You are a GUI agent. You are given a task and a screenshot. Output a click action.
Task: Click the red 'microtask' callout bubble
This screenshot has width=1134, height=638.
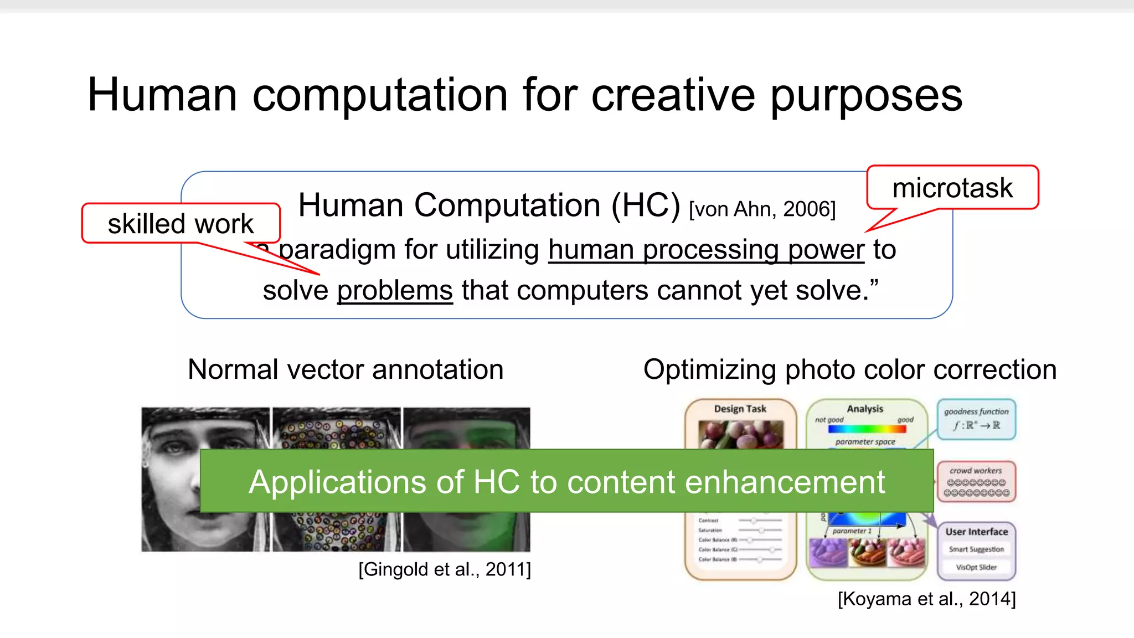(x=952, y=188)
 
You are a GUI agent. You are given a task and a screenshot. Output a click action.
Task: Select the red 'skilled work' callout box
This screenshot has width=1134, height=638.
(x=181, y=224)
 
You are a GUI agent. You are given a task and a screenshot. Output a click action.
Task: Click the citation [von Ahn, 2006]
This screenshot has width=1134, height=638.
(x=762, y=209)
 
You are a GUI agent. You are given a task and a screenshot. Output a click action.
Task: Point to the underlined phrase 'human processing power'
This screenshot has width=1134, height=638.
(x=706, y=250)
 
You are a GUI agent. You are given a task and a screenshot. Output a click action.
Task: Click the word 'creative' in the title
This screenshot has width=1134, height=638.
(x=673, y=95)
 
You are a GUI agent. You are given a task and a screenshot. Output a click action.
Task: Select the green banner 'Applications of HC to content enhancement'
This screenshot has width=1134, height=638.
(x=566, y=481)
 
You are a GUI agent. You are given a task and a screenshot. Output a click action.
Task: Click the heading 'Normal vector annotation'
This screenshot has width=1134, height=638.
(x=346, y=369)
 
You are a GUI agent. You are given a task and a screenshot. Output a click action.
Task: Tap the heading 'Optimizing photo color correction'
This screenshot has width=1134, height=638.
(x=849, y=369)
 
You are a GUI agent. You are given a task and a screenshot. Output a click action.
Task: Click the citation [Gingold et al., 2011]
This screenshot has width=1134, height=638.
(x=445, y=569)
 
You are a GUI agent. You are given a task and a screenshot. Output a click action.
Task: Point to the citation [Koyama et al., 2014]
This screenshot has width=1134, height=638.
(x=926, y=599)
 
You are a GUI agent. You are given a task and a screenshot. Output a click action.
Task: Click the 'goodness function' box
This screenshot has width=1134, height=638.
(x=976, y=419)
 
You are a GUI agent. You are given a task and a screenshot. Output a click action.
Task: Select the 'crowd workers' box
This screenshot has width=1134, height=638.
(x=976, y=481)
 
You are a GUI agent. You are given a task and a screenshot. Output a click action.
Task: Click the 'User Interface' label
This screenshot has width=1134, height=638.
(x=976, y=532)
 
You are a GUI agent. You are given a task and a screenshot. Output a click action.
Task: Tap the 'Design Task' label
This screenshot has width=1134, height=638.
(x=740, y=409)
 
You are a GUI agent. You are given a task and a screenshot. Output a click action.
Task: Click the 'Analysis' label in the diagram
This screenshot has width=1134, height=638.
(x=865, y=409)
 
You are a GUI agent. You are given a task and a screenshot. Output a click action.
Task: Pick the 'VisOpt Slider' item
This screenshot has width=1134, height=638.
(x=976, y=567)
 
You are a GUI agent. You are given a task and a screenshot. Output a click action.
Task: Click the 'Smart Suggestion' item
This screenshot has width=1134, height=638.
(x=976, y=549)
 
